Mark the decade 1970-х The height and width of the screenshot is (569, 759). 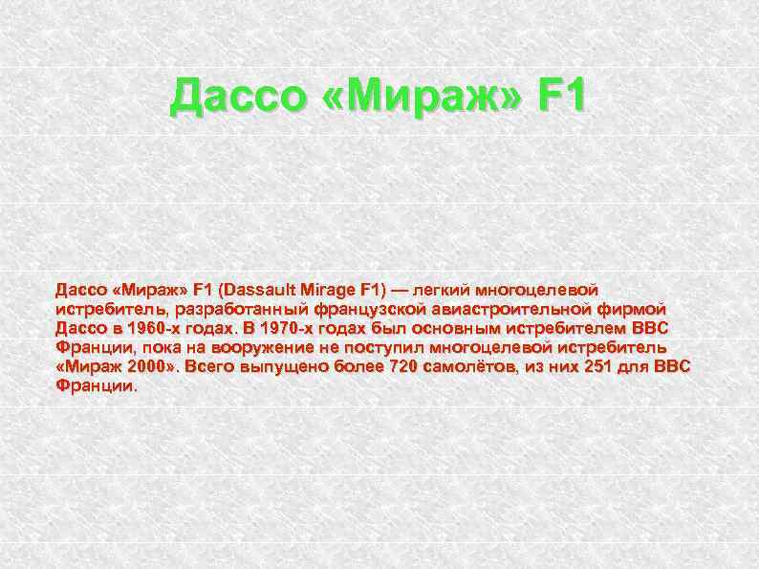click(271, 329)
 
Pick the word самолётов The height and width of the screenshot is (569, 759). click(475, 367)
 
